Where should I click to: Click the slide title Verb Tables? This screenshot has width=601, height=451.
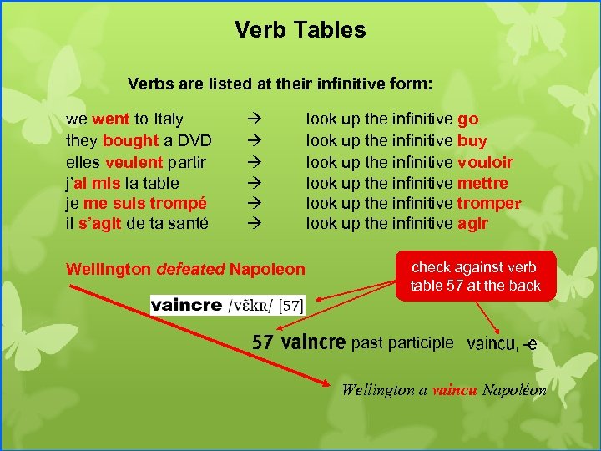[300, 31]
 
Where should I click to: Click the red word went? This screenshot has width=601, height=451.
[111, 119]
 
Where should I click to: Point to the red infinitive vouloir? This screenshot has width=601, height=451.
[485, 162]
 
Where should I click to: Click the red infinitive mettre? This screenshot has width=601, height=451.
[482, 183]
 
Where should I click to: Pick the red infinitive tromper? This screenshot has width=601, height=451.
[489, 203]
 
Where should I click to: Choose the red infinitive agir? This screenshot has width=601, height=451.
[472, 224]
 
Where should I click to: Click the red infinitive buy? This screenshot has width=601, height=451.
[472, 140]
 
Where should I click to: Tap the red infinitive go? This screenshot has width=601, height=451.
[467, 120]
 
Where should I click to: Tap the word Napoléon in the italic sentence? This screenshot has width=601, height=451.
[514, 389]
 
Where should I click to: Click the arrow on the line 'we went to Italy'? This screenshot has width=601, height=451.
[254, 120]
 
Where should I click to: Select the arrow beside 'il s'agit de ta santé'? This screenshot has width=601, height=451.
[254, 224]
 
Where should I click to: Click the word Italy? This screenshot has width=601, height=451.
[168, 119]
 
